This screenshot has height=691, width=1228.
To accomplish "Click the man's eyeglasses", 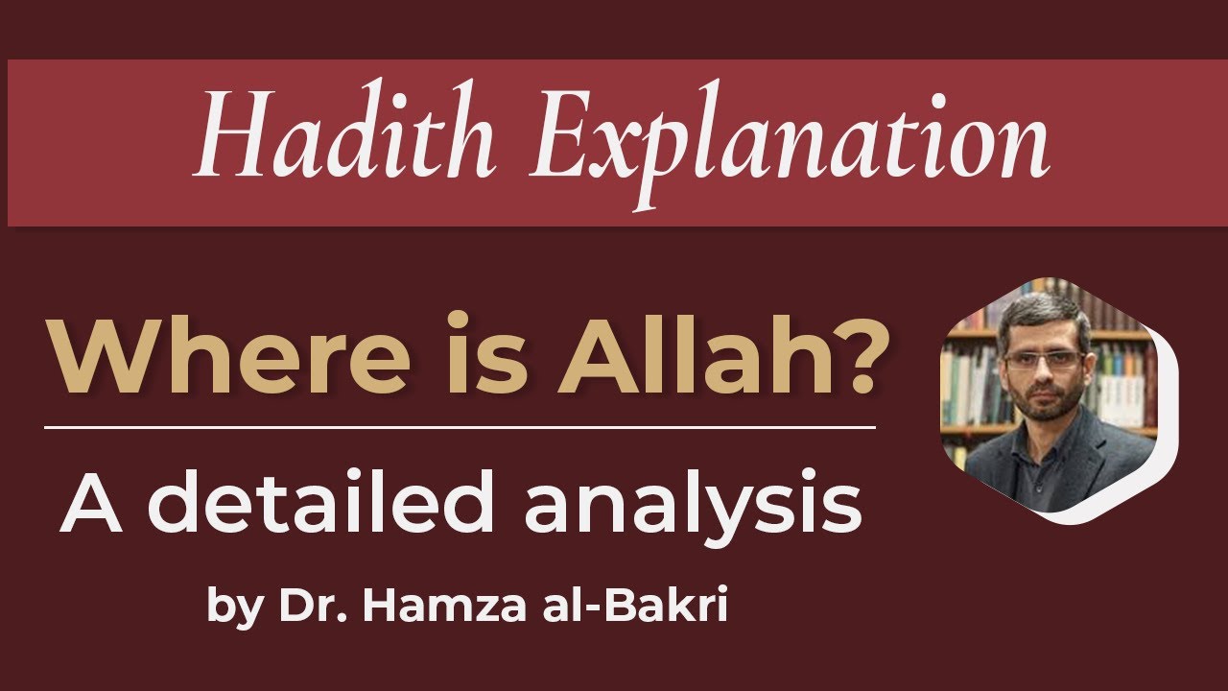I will tap(1042, 360).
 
